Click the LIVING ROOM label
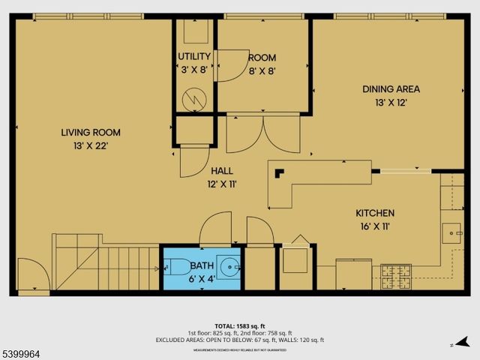[90, 133]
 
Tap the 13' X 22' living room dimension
[90, 145]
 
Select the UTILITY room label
[194, 57]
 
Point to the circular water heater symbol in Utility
[194, 97]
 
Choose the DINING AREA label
[391, 88]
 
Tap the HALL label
[221, 170]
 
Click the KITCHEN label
[375, 213]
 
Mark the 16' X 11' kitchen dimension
[375, 226]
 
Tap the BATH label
[201, 265]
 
